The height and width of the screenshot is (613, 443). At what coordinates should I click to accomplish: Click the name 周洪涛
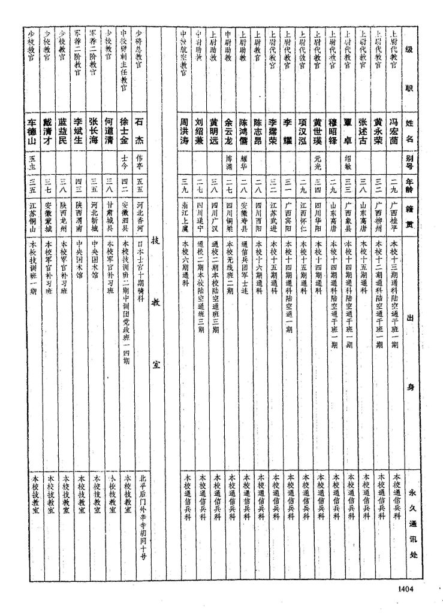click(x=185, y=131)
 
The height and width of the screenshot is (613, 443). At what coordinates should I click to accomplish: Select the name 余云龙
click(x=228, y=131)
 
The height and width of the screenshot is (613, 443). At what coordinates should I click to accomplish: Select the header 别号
click(x=409, y=159)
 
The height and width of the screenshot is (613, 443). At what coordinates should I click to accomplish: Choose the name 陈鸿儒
click(x=243, y=131)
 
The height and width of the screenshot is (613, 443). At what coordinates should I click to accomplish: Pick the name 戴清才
click(x=49, y=131)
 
